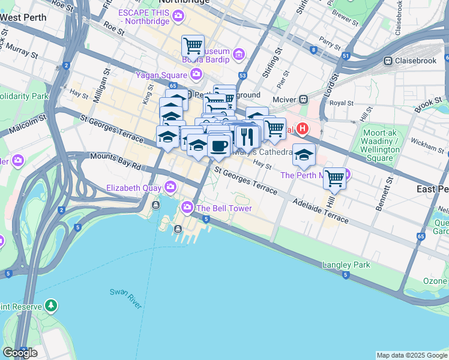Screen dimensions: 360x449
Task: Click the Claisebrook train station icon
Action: [x=388, y=61]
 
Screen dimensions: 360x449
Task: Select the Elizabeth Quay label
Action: [x=134, y=187]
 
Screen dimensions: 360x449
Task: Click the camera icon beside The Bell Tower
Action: [x=187, y=208]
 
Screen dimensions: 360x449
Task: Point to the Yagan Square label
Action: [x=161, y=74]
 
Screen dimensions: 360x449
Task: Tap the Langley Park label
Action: [x=346, y=265]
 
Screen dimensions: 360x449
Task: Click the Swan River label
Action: [x=125, y=298]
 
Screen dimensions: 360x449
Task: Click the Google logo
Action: [x=20, y=353]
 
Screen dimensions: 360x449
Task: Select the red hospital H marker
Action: [x=303, y=128]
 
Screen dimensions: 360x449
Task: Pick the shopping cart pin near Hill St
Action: [x=334, y=178]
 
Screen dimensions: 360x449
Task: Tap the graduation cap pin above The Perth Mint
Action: [x=304, y=155]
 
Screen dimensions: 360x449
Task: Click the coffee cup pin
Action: [x=219, y=146]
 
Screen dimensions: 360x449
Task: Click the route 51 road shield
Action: [x=345, y=56]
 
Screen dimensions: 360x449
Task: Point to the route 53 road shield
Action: [x=243, y=76]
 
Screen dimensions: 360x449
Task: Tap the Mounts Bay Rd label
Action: [x=115, y=160]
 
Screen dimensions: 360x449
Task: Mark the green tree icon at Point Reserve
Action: [x=51, y=306]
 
